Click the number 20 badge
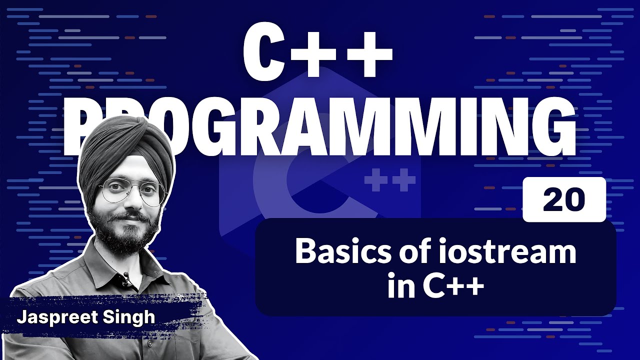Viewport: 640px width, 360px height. pos(563,199)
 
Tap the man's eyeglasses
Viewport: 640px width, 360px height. pos(131,191)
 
